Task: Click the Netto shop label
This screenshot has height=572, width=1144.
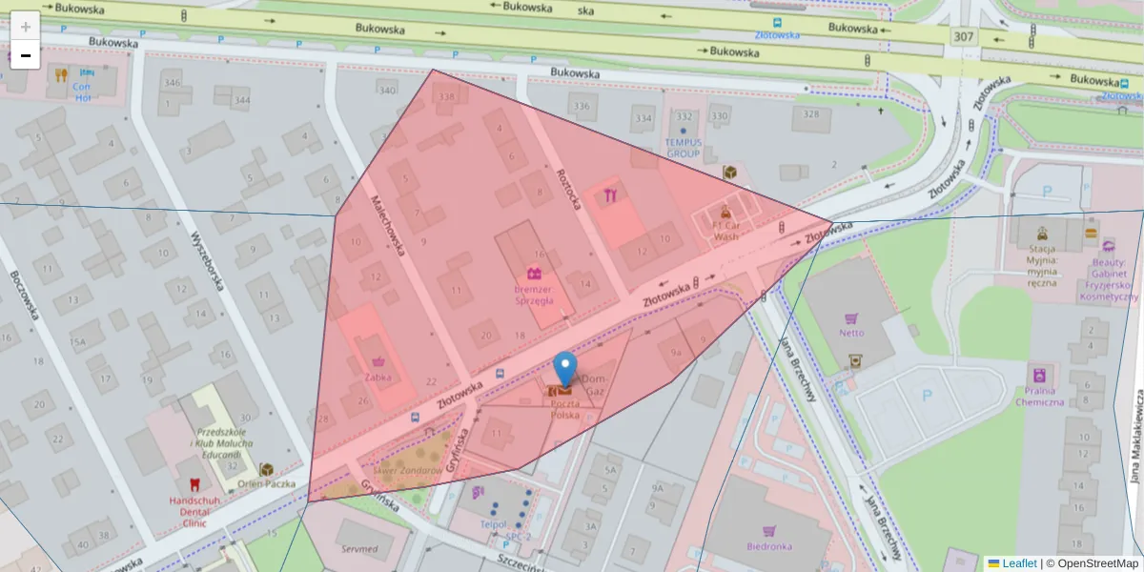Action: pyautogui.click(x=851, y=333)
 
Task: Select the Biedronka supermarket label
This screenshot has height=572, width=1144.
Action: pyautogui.click(x=769, y=546)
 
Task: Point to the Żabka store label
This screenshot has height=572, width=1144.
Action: pyautogui.click(x=379, y=377)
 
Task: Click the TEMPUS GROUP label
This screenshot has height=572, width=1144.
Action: pyautogui.click(x=684, y=148)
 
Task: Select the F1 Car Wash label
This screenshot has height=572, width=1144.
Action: pyautogui.click(x=726, y=231)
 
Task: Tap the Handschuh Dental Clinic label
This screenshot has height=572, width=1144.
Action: pyautogui.click(x=194, y=507)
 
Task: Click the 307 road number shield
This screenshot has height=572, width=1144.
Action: pyautogui.click(x=963, y=36)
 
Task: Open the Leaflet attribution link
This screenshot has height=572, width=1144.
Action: pyautogui.click(x=1019, y=563)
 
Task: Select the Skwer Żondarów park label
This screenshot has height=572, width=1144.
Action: pyautogui.click(x=407, y=470)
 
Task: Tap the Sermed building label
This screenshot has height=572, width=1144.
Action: pyautogui.click(x=359, y=549)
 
